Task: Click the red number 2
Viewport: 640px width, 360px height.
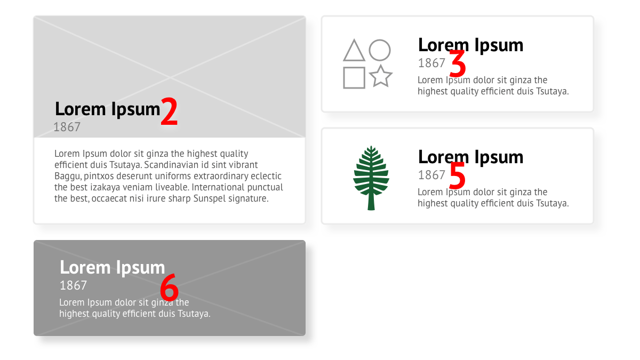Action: pos(169,111)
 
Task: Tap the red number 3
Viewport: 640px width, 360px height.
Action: pos(458,63)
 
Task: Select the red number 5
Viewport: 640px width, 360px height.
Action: pos(458,175)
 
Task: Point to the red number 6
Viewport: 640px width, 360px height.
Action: pos(169,287)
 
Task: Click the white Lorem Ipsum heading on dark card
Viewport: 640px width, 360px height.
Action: pos(113,268)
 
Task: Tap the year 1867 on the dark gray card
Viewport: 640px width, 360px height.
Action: pos(73,285)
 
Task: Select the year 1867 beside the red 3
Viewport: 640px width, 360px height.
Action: pos(431,63)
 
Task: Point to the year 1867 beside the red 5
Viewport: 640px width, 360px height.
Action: pos(431,175)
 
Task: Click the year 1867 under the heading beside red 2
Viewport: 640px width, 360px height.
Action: pos(67,127)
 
